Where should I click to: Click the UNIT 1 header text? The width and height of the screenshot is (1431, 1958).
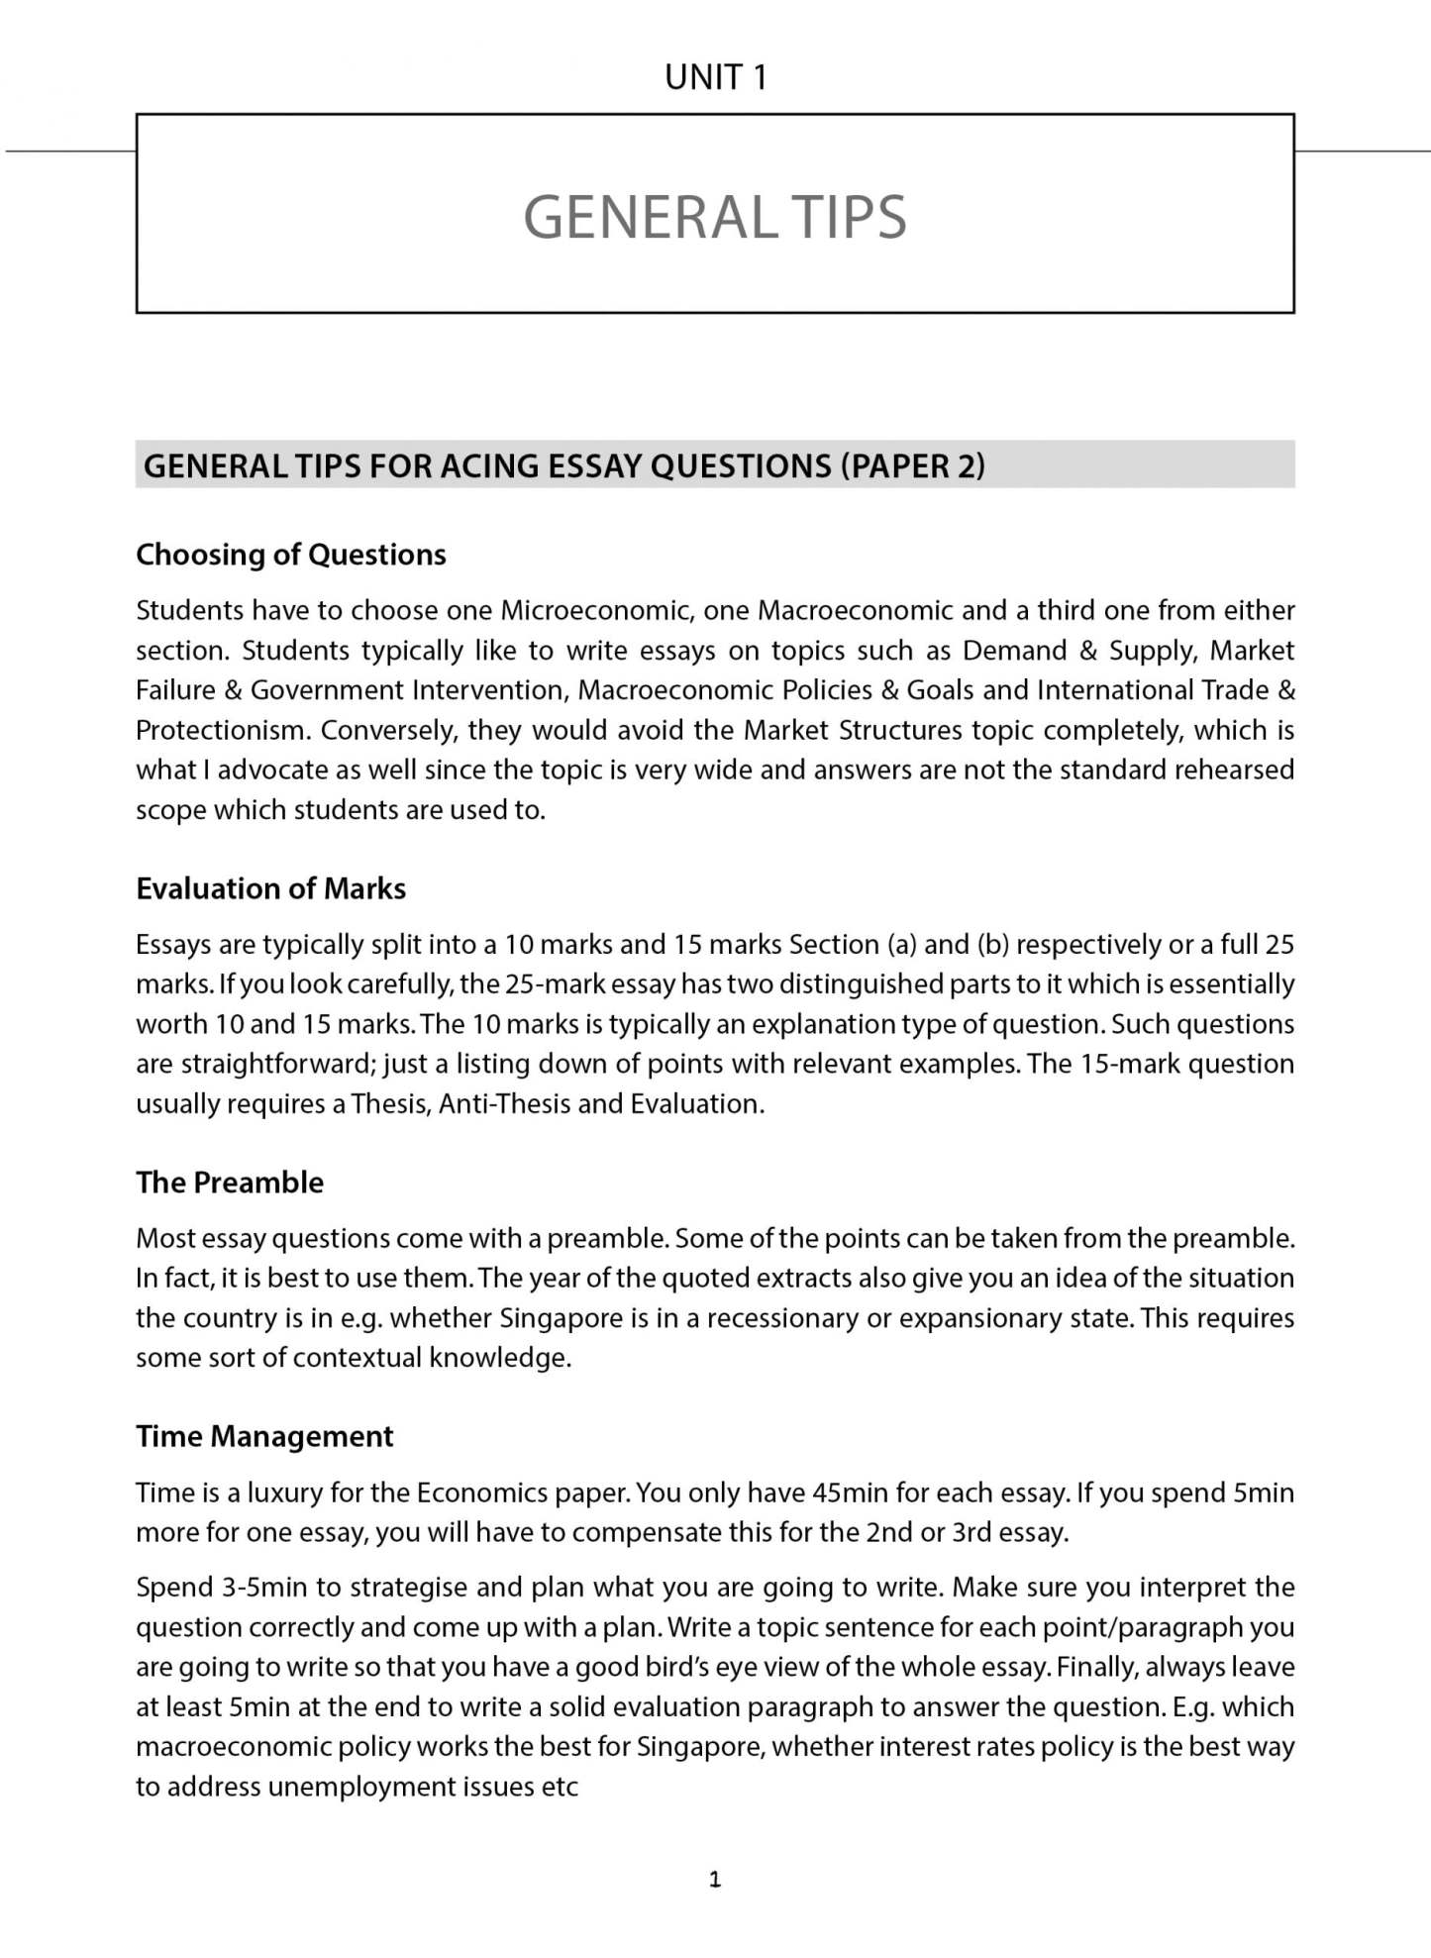click(715, 77)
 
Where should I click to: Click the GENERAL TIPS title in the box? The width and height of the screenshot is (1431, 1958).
click(714, 217)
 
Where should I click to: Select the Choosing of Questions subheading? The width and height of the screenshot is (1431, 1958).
click(290, 555)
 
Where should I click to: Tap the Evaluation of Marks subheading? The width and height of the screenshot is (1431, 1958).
click(270, 888)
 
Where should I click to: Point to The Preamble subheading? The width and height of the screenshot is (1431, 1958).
click(230, 1183)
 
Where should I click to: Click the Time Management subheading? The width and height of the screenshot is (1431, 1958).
click(264, 1436)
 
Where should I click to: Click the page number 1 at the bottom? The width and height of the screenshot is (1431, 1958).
click(715, 1879)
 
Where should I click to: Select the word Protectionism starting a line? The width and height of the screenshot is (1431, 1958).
click(222, 730)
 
